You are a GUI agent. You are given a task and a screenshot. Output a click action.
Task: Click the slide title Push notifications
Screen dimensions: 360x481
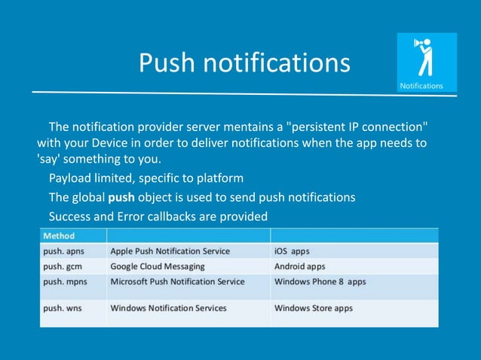tap(244, 63)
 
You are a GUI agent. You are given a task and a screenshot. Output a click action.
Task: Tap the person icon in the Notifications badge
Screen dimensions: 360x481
tap(425, 58)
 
